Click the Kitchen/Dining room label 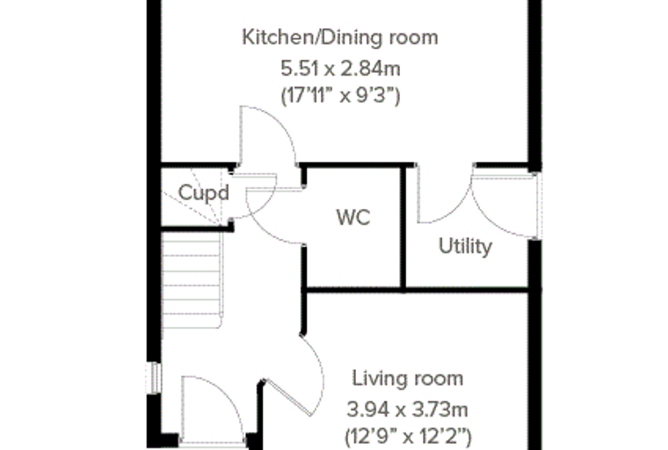[x=340, y=38]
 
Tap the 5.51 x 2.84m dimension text [x=340, y=69]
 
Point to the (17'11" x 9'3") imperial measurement [x=340, y=96]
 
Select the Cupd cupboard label [x=204, y=193]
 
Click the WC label [x=353, y=217]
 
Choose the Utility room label [x=465, y=246]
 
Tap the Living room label [x=408, y=379]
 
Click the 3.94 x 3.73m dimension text [x=407, y=410]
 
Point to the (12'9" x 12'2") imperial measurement [x=408, y=436]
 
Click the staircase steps [x=192, y=279]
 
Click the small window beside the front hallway [x=154, y=378]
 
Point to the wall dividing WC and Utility [x=403, y=227]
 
